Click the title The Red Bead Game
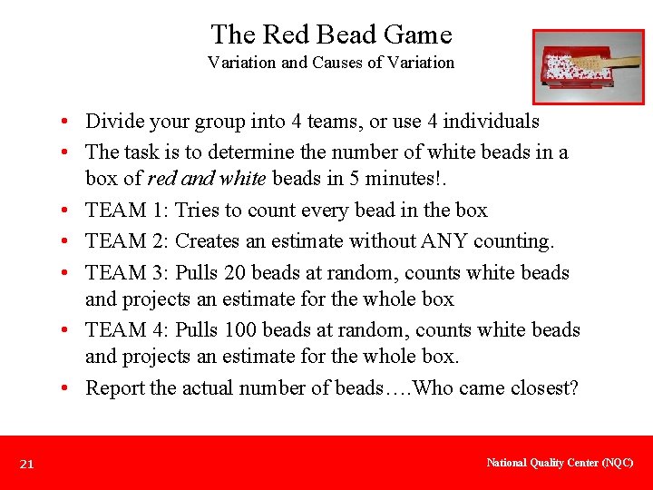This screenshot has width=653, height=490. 331,34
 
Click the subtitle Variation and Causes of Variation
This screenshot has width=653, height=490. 331,63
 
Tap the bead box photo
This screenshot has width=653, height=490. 574,66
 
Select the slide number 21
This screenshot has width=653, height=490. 27,465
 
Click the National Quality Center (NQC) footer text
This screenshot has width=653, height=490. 560,463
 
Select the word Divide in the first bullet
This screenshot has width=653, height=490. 114,122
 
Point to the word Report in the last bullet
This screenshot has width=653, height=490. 115,388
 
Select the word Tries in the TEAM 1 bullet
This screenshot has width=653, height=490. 197,211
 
